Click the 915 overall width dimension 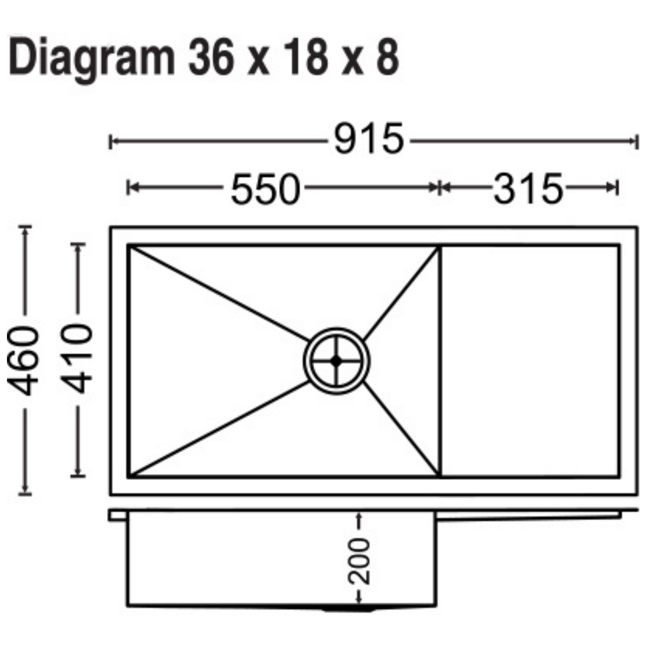pyautogui.click(x=368, y=140)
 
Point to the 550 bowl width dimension pyautogui.click(x=265, y=189)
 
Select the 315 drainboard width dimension pyautogui.click(x=528, y=189)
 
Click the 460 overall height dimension pyautogui.click(x=24, y=360)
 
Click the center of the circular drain pyautogui.click(x=337, y=361)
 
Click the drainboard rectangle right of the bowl pyautogui.click(x=530, y=360)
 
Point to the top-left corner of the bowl pyautogui.click(x=129, y=247)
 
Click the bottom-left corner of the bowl pyautogui.click(x=129, y=475)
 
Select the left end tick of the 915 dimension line pyautogui.click(x=111, y=142)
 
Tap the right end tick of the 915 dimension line pyautogui.click(x=637, y=142)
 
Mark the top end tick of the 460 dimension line pyautogui.click(x=25, y=227)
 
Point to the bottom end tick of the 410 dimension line pyautogui.click(x=79, y=475)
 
